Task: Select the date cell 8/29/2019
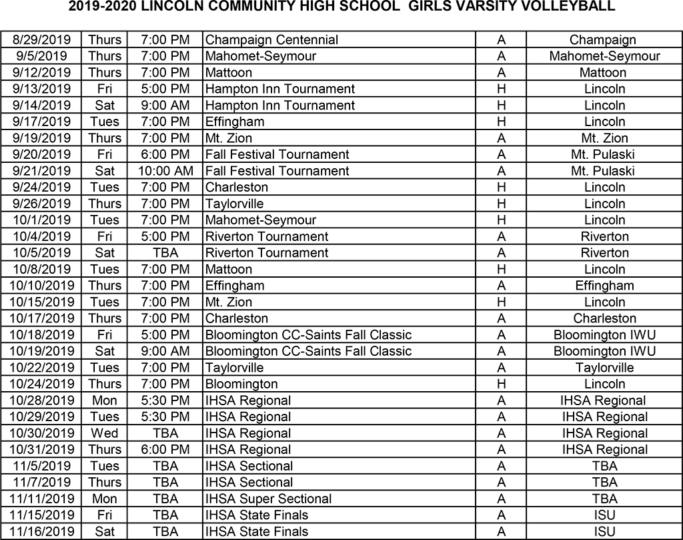pos(40,40)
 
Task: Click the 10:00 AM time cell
pos(165,171)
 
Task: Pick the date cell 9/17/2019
pos(40,122)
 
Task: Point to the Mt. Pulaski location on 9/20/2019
pos(604,155)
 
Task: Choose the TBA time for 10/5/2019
pos(165,253)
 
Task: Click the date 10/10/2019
pos(41,286)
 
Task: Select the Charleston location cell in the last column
pos(604,318)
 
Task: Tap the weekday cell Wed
pos(105,433)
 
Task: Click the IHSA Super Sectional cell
pos(268,499)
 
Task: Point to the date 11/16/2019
pos(41,532)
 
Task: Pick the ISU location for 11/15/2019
pos(604,515)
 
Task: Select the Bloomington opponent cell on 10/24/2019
pos(241,384)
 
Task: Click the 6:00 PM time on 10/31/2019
pos(165,450)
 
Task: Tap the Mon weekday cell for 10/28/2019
pos(105,400)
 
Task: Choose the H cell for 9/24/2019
pos(501,188)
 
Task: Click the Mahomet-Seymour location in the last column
pos(604,57)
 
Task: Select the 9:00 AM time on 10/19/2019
pos(165,351)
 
